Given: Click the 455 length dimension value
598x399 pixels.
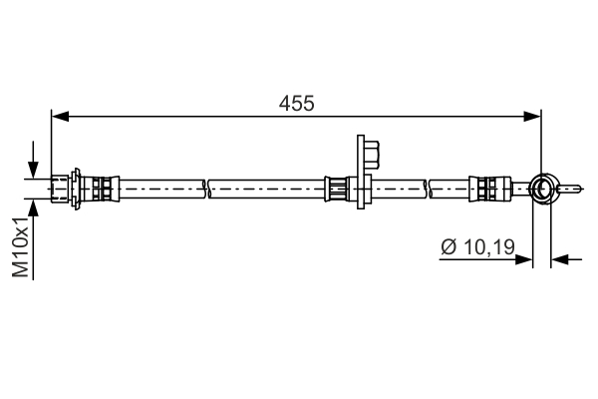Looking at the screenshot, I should click(x=296, y=103).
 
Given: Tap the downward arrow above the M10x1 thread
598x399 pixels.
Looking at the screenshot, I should click(x=35, y=168).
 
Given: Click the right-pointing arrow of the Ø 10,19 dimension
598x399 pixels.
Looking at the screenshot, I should click(x=524, y=259).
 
